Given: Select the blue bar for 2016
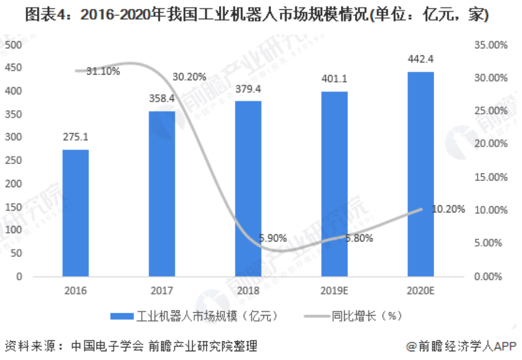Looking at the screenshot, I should pos(75,213).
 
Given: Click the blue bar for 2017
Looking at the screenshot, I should pos(162,194).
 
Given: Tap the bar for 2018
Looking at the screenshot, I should pos(248,188).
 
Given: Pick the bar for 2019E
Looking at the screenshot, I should pos(334,183).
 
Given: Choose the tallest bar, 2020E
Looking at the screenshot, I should pos(420,174).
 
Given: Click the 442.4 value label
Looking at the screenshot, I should pos(420,59).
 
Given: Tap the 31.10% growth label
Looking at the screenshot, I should pos(103,71).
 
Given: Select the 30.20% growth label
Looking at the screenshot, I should pos(189,77).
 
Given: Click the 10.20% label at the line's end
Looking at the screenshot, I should pos(448,209).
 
